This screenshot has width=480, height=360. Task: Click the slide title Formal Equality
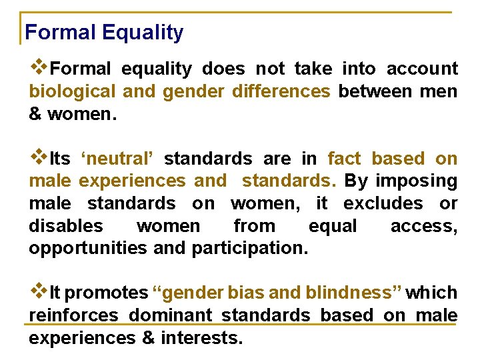[x=104, y=32]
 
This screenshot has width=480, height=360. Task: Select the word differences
[x=281, y=91]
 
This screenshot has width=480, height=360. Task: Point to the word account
[x=422, y=69]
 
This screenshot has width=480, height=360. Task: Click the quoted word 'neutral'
[x=117, y=159]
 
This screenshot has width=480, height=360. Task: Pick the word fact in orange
[x=343, y=159]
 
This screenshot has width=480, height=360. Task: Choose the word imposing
[x=416, y=181]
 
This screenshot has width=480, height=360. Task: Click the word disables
[x=66, y=226]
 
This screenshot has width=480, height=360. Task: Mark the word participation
[x=249, y=249]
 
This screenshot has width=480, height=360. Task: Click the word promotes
[x=107, y=293]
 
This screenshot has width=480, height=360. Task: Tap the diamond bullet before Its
[x=39, y=158]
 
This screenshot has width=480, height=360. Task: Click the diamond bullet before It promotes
[x=39, y=291]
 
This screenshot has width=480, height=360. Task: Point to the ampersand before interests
[x=148, y=338]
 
